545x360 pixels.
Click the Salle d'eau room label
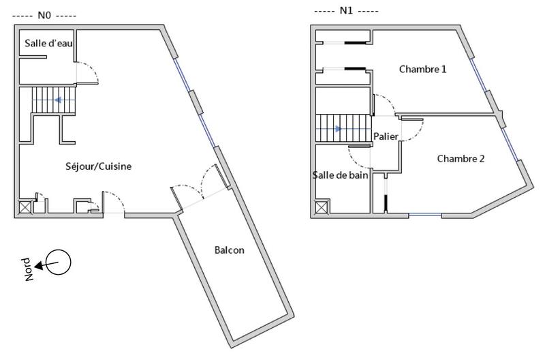tap(48, 43)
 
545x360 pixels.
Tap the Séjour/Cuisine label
tap(98, 166)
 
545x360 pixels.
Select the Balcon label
tap(229, 250)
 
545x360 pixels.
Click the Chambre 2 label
tap(461, 159)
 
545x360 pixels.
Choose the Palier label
tap(386, 136)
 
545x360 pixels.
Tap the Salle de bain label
tap(341, 175)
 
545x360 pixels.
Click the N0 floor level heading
tap(45, 14)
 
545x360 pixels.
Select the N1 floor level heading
tap(346, 12)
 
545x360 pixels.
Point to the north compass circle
tap(59, 261)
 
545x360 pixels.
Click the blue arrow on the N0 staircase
tap(60, 101)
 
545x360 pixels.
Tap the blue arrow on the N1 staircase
tap(337, 128)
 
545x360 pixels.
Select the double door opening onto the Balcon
tap(197, 184)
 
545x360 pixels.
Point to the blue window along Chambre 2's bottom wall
tap(424, 215)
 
